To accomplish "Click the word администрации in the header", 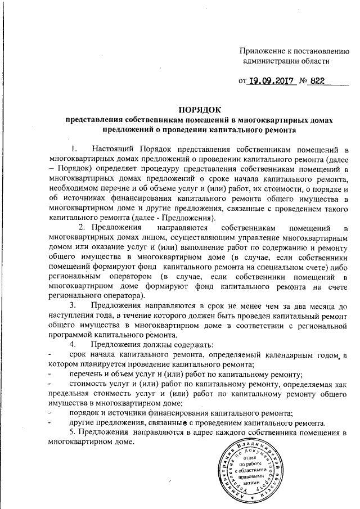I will pyautogui.click(x=271, y=60).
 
